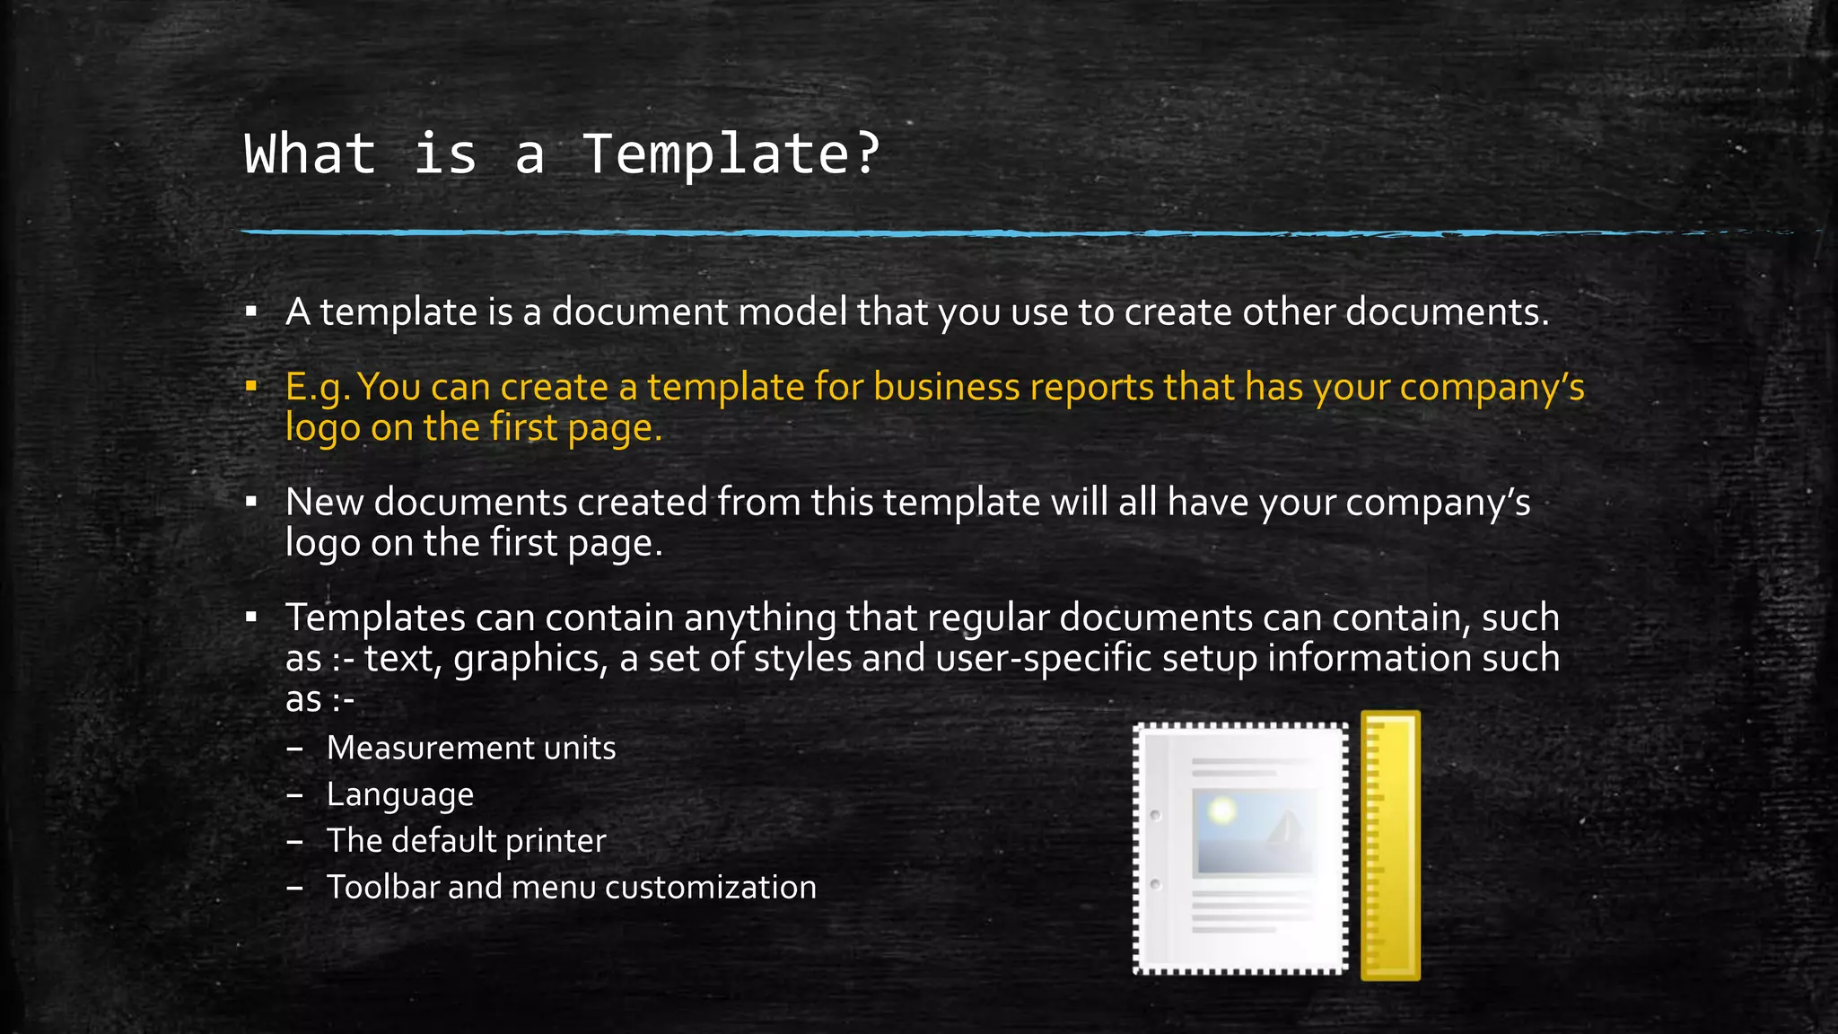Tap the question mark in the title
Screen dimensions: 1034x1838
(868, 153)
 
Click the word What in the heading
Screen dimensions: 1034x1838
(310, 154)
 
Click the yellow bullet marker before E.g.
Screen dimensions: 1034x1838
(251, 387)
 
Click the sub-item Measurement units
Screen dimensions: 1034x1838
(471, 749)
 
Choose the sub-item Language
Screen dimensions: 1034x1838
(400, 795)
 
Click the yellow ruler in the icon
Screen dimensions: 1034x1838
(1390, 846)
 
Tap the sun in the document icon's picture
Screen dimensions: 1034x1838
(1221, 811)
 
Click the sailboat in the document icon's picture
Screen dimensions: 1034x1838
(1285, 827)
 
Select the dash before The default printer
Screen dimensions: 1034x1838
(294, 842)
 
